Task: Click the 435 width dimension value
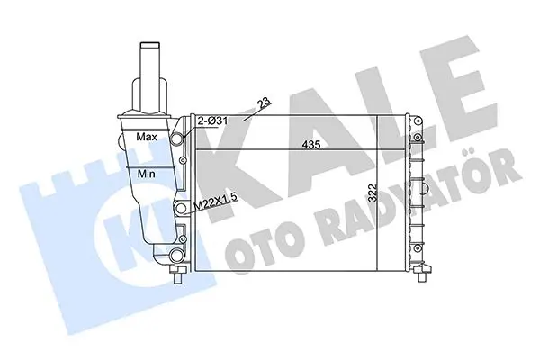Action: click(311, 145)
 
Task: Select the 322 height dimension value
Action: click(373, 193)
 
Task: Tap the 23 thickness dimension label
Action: click(265, 103)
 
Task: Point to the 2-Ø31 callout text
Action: click(212, 121)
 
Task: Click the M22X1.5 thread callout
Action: click(216, 202)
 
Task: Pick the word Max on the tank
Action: click(147, 137)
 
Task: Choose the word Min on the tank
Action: click(146, 174)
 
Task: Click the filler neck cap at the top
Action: click(149, 46)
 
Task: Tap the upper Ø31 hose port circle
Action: click(177, 139)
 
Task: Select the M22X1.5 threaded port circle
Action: click(181, 208)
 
